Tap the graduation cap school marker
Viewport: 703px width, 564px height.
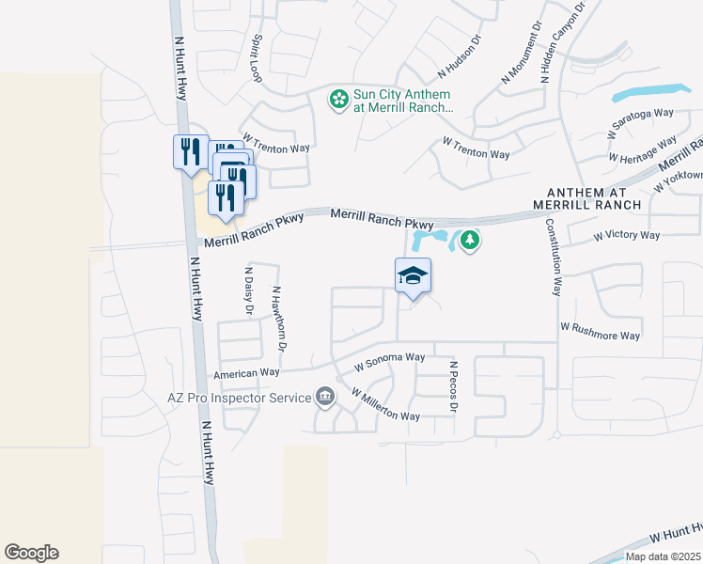coord(413,276)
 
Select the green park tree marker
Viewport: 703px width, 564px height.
coord(471,241)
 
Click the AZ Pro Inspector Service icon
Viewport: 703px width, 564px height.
coord(325,398)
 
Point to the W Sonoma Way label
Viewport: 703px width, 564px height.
coord(389,358)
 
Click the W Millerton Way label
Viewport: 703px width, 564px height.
coord(385,405)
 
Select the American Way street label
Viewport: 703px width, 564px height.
coord(247,374)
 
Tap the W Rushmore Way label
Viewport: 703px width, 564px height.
coord(600,331)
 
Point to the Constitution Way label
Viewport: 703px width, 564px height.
coord(555,258)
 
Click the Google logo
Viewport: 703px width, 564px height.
coord(31,552)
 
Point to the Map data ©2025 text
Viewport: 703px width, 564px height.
coord(663,556)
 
